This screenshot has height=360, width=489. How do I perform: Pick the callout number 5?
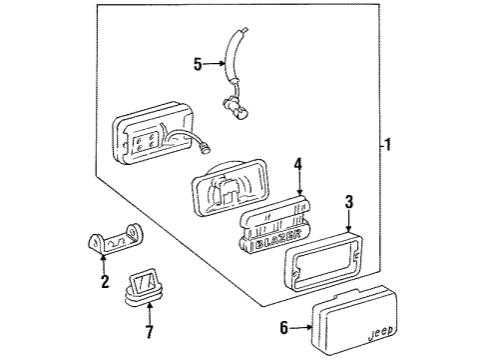click(197, 66)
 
